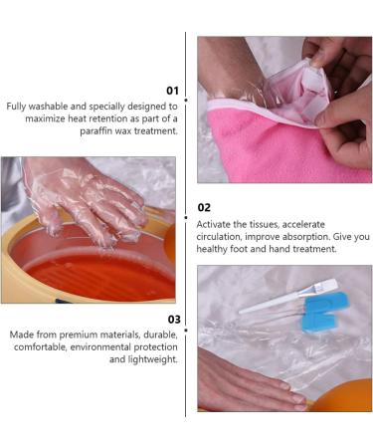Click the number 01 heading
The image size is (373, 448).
click(172, 90)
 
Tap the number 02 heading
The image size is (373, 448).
click(204, 207)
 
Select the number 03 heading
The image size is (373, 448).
click(172, 319)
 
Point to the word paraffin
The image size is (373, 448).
click(88, 130)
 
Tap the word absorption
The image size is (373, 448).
click(308, 237)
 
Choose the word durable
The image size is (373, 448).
click(156, 335)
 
